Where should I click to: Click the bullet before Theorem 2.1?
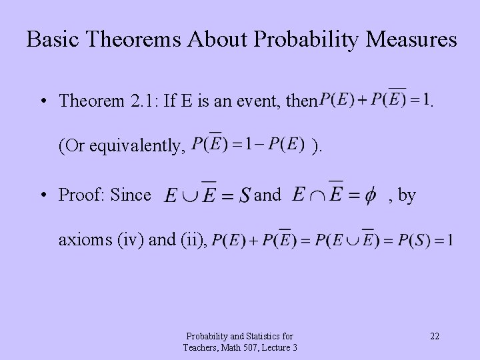(43, 101)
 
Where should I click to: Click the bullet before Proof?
(43, 195)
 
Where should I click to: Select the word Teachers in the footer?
(202, 347)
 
